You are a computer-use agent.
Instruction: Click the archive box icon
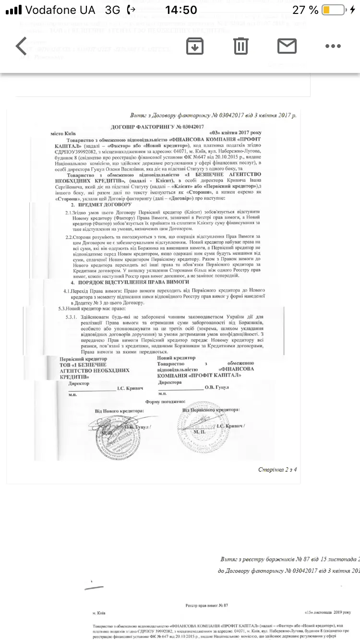click(x=195, y=46)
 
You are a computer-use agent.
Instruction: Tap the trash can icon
click(x=240, y=46)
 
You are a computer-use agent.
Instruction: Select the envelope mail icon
click(x=287, y=46)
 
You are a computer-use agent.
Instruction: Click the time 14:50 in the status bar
click(x=180, y=10)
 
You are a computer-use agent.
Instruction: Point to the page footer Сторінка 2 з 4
click(x=277, y=469)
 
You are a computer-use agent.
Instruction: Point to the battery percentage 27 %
click(x=306, y=10)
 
